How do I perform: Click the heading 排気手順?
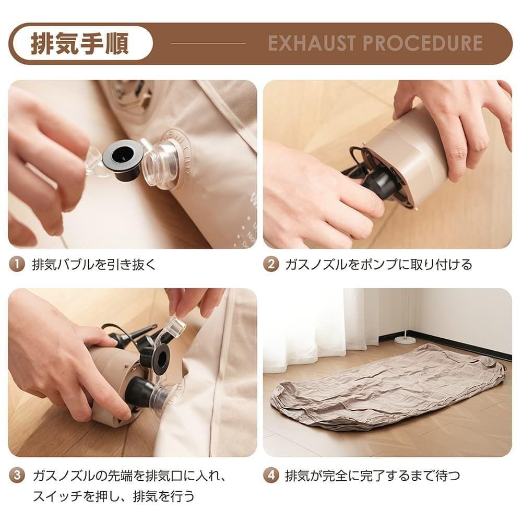[80, 44]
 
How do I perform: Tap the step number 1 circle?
[17, 264]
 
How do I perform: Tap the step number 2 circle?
[270, 264]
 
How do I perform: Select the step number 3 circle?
[17, 475]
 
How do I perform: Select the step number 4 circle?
[270, 475]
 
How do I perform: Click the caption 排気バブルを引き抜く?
[94, 264]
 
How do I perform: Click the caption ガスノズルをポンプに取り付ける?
[378, 264]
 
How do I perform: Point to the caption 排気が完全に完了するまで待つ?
[373, 475]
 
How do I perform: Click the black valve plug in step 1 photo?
[123, 158]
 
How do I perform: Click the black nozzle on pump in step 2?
[378, 183]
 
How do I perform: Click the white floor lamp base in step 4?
[405, 340]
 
